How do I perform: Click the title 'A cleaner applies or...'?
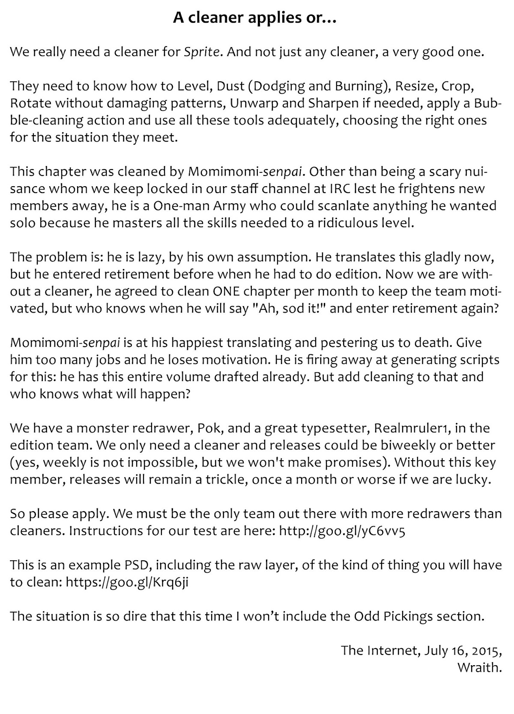click(x=254, y=18)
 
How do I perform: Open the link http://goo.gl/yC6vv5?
click(x=341, y=531)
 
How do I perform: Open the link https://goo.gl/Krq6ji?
click(x=127, y=582)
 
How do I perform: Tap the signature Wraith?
click(x=479, y=668)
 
